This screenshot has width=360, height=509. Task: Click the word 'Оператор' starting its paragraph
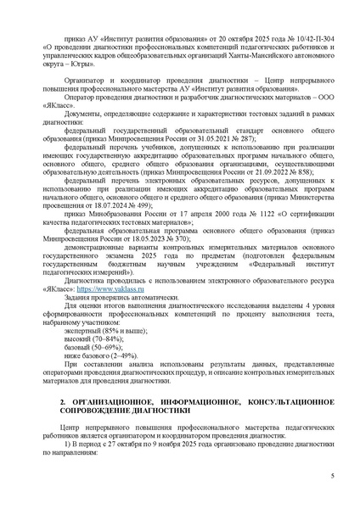click(80, 95)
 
